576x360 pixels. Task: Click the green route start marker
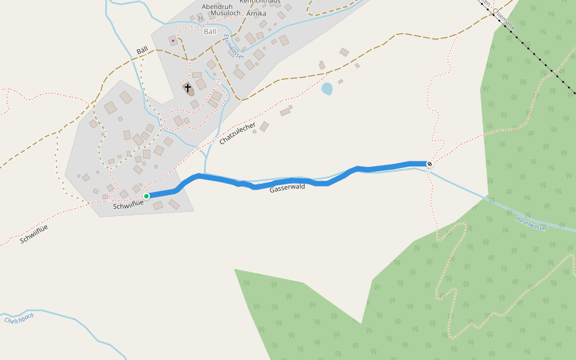tap(146, 196)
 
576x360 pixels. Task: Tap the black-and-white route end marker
tap(430, 164)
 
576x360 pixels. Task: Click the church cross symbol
tap(188, 88)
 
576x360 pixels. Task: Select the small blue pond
tap(327, 89)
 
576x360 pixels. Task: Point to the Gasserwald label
tap(287, 188)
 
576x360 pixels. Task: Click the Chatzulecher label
tap(238, 134)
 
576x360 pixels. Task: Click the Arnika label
tap(256, 13)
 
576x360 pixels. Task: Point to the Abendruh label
tap(217, 7)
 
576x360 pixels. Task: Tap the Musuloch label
tap(225, 13)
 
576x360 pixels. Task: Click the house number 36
tap(200, 19)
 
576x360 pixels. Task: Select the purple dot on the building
tap(173, 41)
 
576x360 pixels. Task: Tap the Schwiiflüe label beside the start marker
tap(128, 206)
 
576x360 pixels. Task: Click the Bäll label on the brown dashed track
tap(142, 52)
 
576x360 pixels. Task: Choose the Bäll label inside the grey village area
tap(210, 31)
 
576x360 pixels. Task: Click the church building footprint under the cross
tap(189, 92)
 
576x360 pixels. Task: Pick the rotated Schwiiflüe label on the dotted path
tap(34, 234)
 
